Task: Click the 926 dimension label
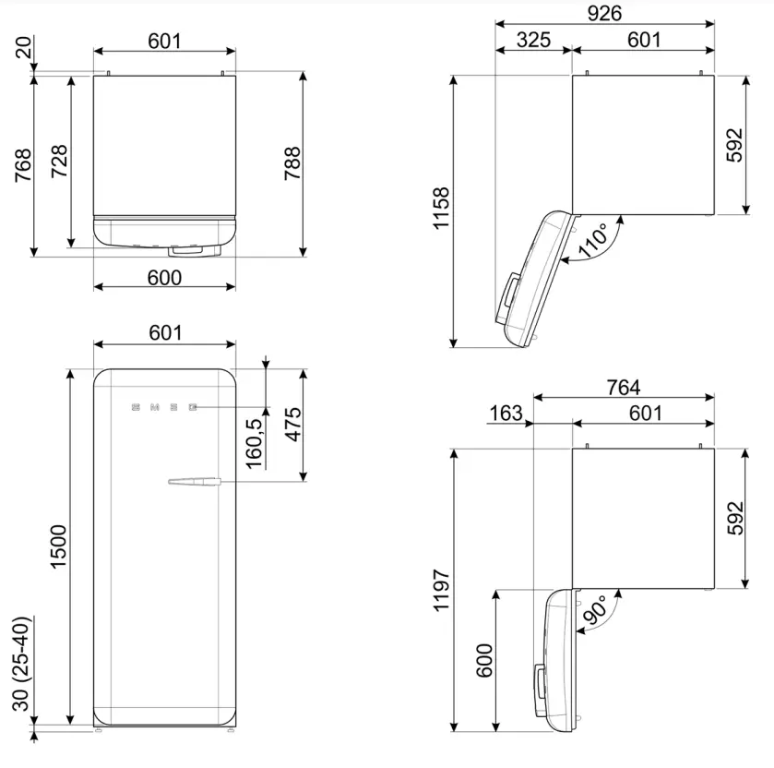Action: [x=603, y=12]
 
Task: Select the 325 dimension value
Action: [x=533, y=40]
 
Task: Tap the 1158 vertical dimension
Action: [x=441, y=210]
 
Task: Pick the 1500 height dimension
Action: [x=58, y=546]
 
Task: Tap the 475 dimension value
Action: [x=292, y=424]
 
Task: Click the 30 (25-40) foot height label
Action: [x=21, y=663]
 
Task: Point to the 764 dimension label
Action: [x=623, y=388]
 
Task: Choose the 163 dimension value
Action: [x=506, y=414]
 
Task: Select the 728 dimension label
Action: [x=57, y=162]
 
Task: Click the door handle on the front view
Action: [x=194, y=480]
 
